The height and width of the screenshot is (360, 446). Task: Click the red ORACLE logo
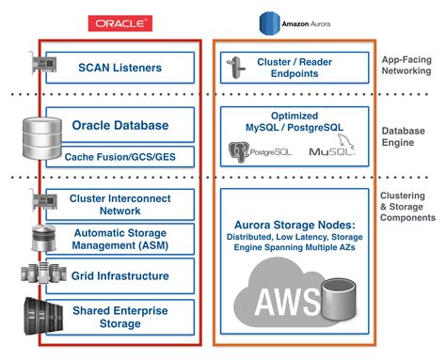tap(119, 22)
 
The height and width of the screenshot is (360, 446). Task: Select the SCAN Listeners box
tap(119, 68)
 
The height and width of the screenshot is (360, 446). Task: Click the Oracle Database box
tap(119, 125)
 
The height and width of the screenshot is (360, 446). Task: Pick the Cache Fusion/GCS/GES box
tap(119, 156)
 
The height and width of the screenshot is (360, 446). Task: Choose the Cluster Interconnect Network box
tap(119, 205)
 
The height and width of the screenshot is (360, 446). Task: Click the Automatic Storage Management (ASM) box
tap(119, 239)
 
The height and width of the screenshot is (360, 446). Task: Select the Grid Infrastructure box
tap(119, 276)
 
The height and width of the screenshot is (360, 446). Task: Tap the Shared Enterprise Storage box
tap(119, 316)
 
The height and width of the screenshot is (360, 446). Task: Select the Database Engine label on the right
tap(406, 137)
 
